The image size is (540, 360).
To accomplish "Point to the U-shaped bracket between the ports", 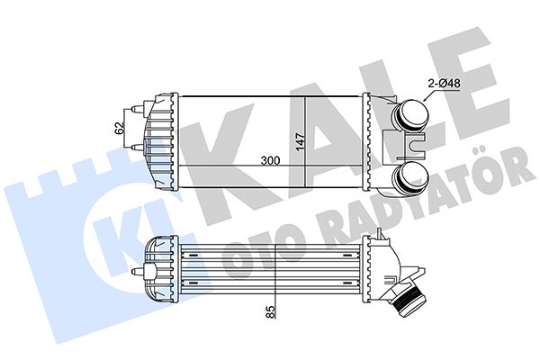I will (415, 144).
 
